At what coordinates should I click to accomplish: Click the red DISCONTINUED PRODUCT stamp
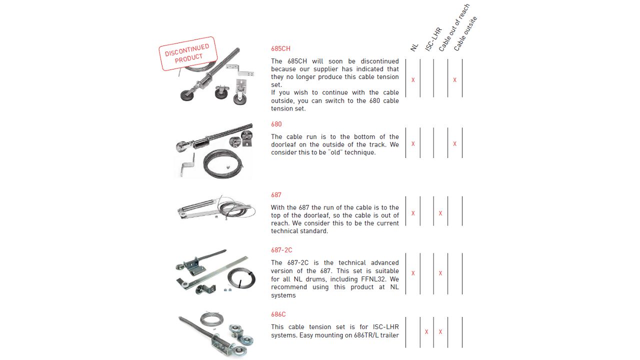point(188,53)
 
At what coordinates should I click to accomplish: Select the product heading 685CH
point(280,48)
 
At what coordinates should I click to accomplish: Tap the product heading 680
point(276,124)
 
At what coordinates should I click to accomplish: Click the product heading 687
point(276,195)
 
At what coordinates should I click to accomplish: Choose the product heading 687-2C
point(281,250)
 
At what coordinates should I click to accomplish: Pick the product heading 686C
point(278,314)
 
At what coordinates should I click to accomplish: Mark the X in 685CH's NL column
point(413,80)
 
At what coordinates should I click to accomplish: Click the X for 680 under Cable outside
point(454,144)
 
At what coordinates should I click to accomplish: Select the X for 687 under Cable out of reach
point(440,213)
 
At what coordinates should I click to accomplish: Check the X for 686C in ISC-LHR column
point(426,332)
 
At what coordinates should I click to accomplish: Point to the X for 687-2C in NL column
point(413,273)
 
